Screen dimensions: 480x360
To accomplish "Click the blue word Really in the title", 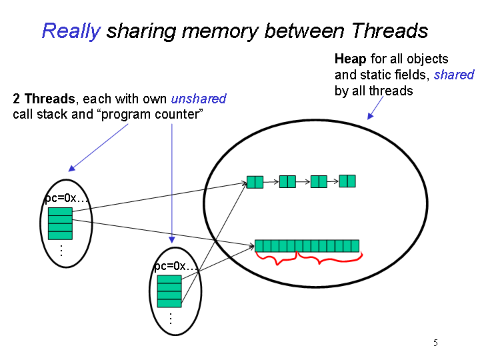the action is pos(71,31).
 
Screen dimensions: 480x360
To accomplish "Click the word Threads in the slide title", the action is pos(389,31).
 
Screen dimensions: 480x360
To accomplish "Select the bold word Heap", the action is pos(350,59).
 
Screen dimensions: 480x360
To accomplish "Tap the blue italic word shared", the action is pos(454,75).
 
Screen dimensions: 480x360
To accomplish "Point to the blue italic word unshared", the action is pos(199,99).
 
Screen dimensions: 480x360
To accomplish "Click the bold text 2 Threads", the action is pos(44,99).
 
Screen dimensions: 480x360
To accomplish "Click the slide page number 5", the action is pos(435,343).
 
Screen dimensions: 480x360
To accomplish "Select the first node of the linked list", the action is pos(255,182).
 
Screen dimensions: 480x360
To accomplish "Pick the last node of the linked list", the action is pos(347,181).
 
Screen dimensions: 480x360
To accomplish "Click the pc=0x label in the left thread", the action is pos(66,199).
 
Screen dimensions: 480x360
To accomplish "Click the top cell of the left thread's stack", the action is pos(60,211).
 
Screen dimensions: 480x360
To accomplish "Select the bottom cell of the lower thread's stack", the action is pos(169,303).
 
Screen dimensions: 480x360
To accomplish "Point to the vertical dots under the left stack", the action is pos(61,251).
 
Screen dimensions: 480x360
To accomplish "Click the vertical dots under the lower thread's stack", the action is pos(171,319).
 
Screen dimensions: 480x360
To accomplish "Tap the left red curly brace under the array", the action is pos(277,259).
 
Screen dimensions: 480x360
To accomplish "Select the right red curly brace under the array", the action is pos(329,258).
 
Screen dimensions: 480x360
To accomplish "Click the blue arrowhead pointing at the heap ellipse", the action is pos(371,116).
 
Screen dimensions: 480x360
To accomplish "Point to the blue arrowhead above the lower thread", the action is pos(172,239).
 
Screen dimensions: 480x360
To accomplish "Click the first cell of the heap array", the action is pos(259,246).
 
